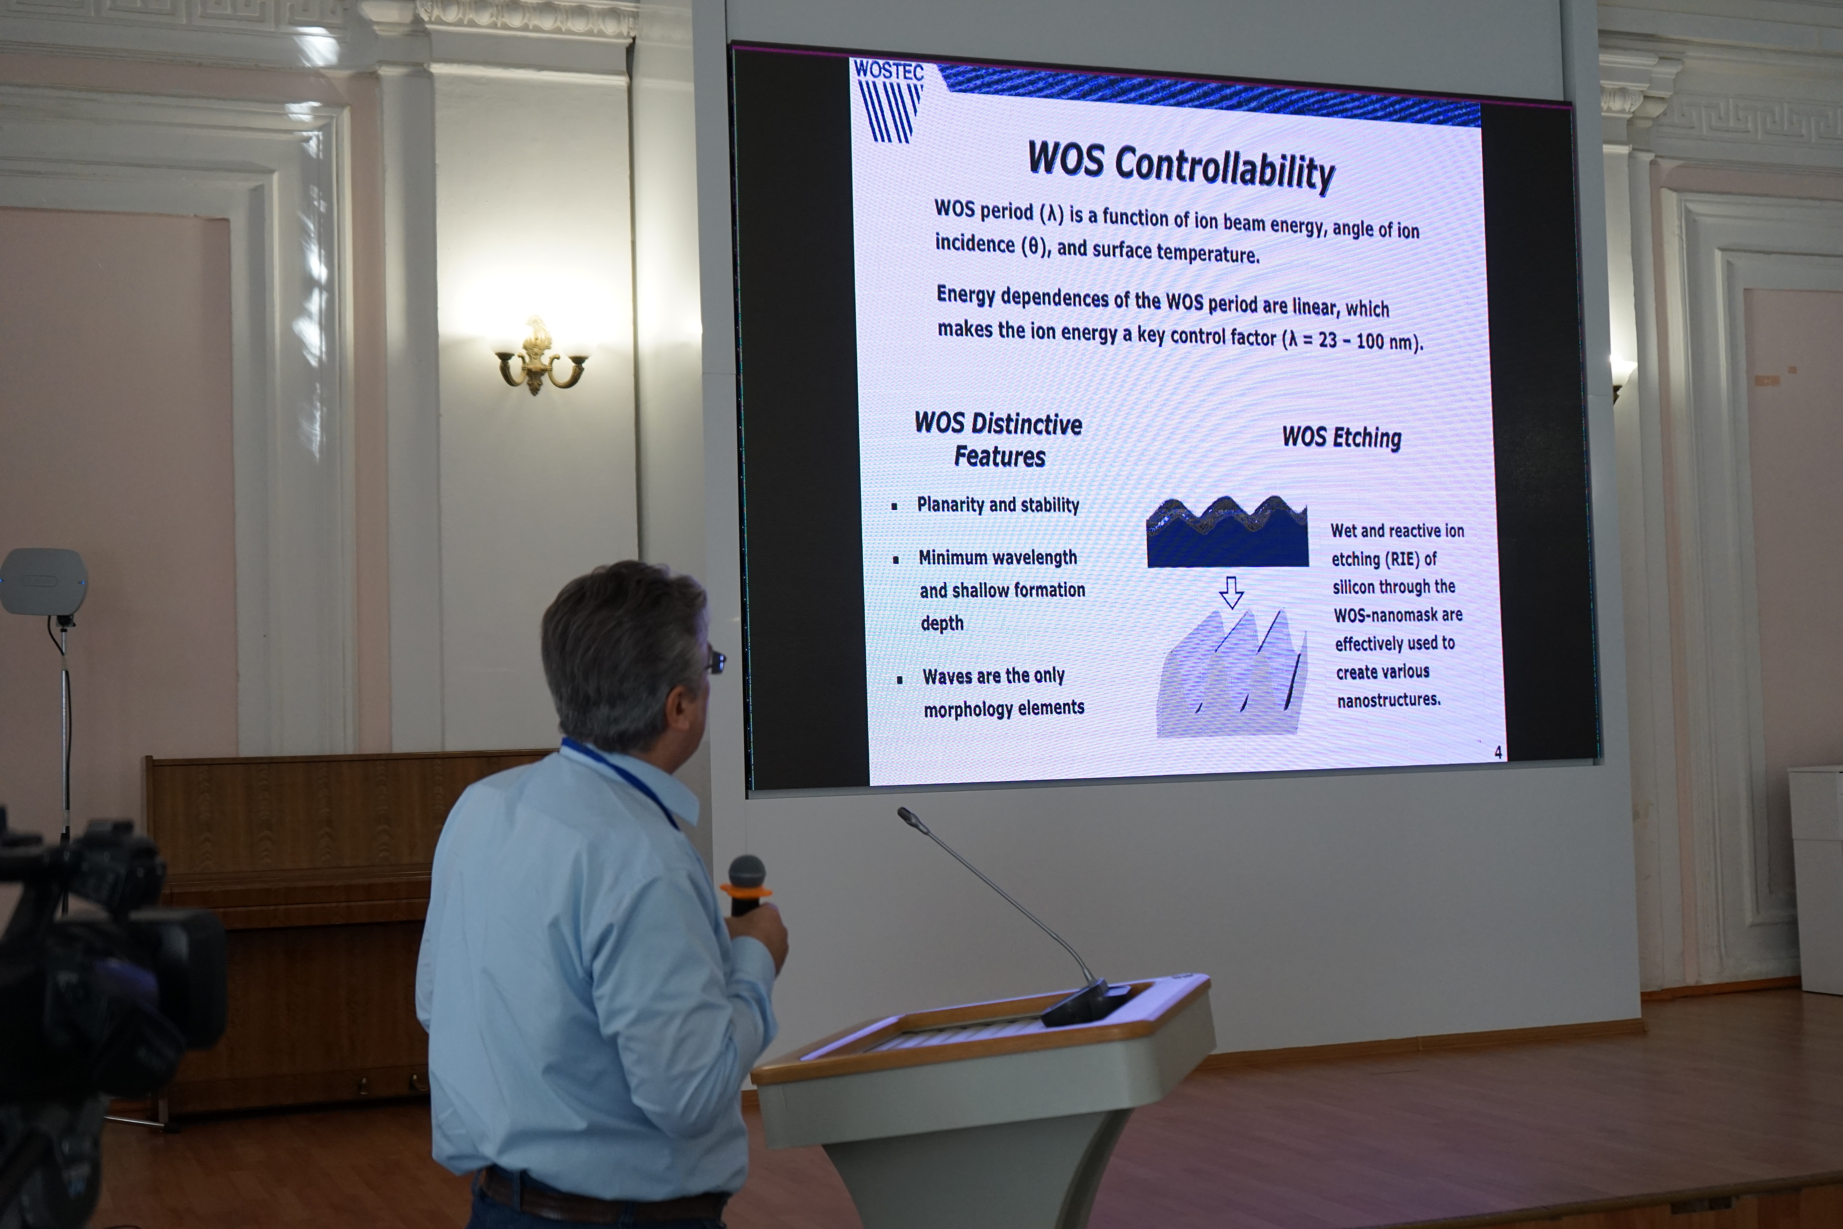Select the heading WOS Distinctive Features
click(x=999, y=440)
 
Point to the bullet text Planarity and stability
click(x=997, y=505)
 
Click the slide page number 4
click(x=1497, y=752)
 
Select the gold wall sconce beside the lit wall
click(x=540, y=357)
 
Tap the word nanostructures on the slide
click(x=1388, y=699)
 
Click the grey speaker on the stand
click(x=43, y=582)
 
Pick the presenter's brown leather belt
click(x=603, y=1195)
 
